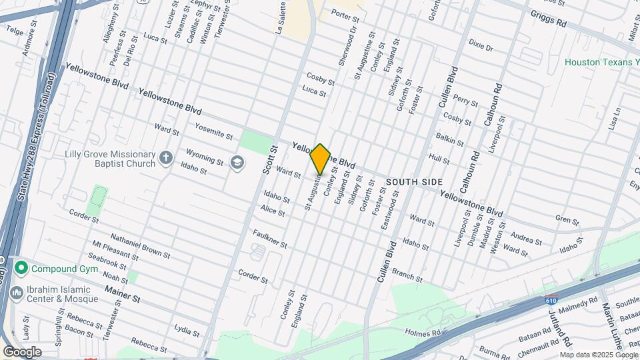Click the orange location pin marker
pos(321,159)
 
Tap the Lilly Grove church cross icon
pos(166,158)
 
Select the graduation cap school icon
pos(237,162)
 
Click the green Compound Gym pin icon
pos(21,269)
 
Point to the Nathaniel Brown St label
pos(140,246)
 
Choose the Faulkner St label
pos(270,239)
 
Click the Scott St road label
pos(268,160)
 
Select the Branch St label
pos(407,273)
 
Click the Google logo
pos(22,351)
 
